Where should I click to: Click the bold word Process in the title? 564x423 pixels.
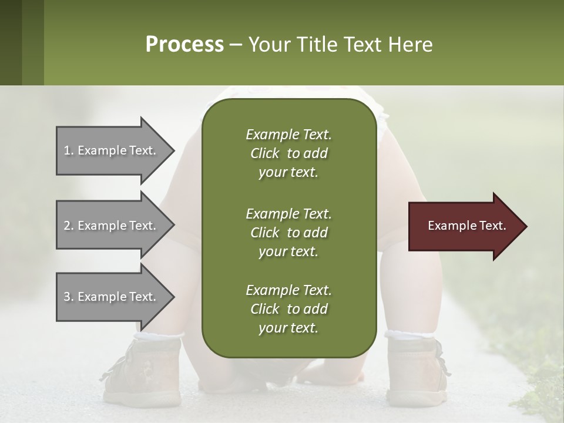(x=184, y=45)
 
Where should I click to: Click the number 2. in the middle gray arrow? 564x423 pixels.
(x=69, y=226)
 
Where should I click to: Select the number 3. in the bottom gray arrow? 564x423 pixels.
(x=69, y=297)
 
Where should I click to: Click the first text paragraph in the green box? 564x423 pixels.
(x=288, y=153)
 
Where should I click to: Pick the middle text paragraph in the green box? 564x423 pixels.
(x=288, y=232)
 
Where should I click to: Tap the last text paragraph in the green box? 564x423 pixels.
(x=288, y=309)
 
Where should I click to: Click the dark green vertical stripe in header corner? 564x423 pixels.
(x=11, y=42)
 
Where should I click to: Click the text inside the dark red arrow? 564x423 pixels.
(x=466, y=226)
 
